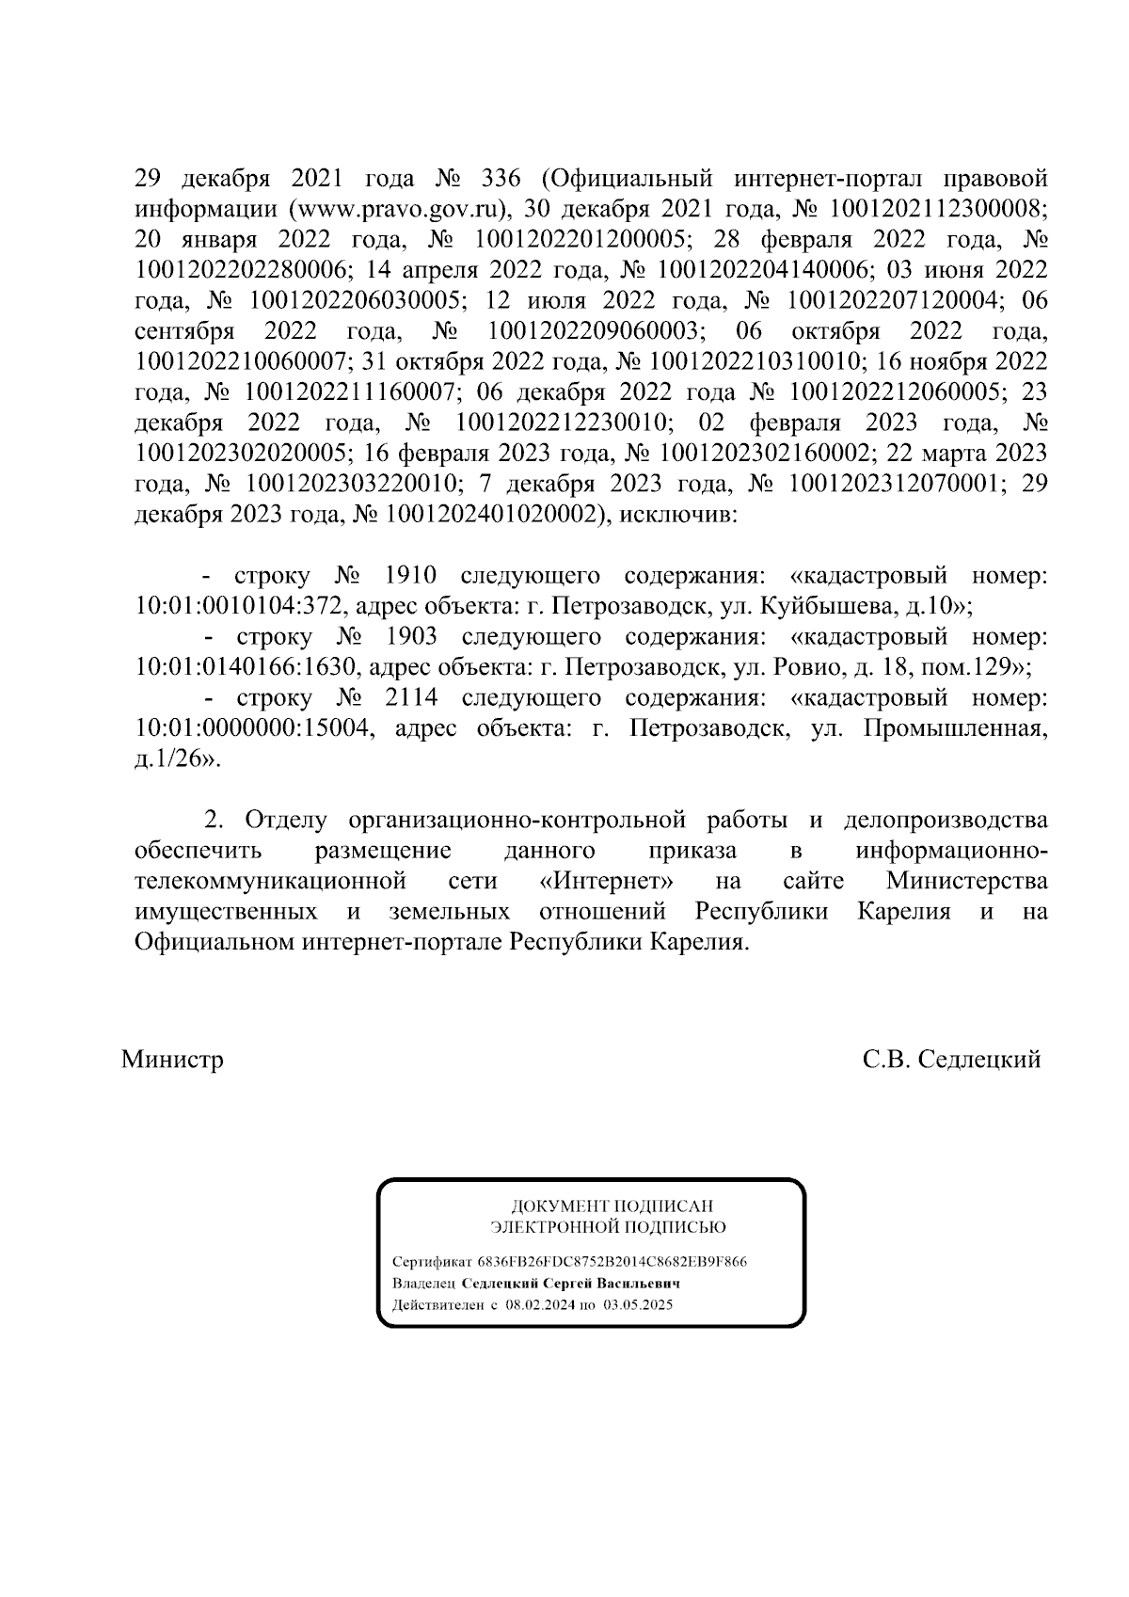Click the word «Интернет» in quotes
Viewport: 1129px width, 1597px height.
(609, 882)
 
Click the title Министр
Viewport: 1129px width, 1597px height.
(172, 1061)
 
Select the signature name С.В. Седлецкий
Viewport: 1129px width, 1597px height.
(951, 1061)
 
